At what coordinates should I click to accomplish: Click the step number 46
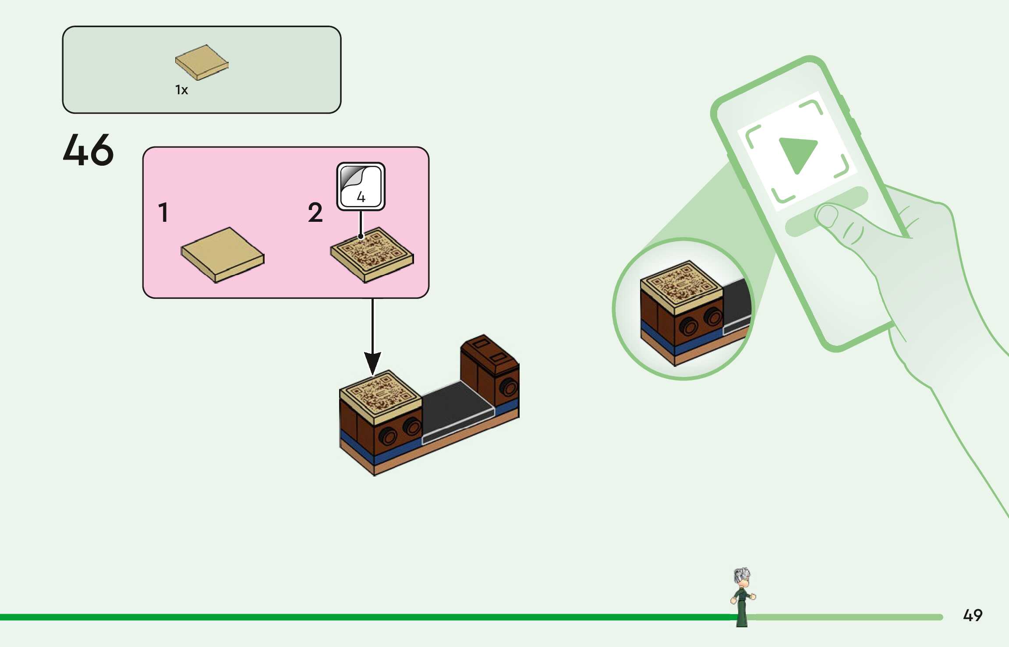point(88,150)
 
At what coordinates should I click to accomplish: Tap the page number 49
point(972,615)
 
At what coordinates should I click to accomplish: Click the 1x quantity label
point(181,90)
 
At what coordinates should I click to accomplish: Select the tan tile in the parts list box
point(202,62)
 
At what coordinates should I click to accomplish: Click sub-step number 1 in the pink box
point(163,213)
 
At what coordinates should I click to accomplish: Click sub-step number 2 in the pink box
point(315,213)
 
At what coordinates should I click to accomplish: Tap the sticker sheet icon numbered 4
point(361,186)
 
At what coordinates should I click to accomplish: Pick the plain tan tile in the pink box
point(222,254)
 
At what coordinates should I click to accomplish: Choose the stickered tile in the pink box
point(372,254)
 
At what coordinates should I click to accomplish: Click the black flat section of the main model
point(456,405)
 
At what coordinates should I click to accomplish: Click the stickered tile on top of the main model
point(379,394)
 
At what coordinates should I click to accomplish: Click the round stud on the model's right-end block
point(509,387)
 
